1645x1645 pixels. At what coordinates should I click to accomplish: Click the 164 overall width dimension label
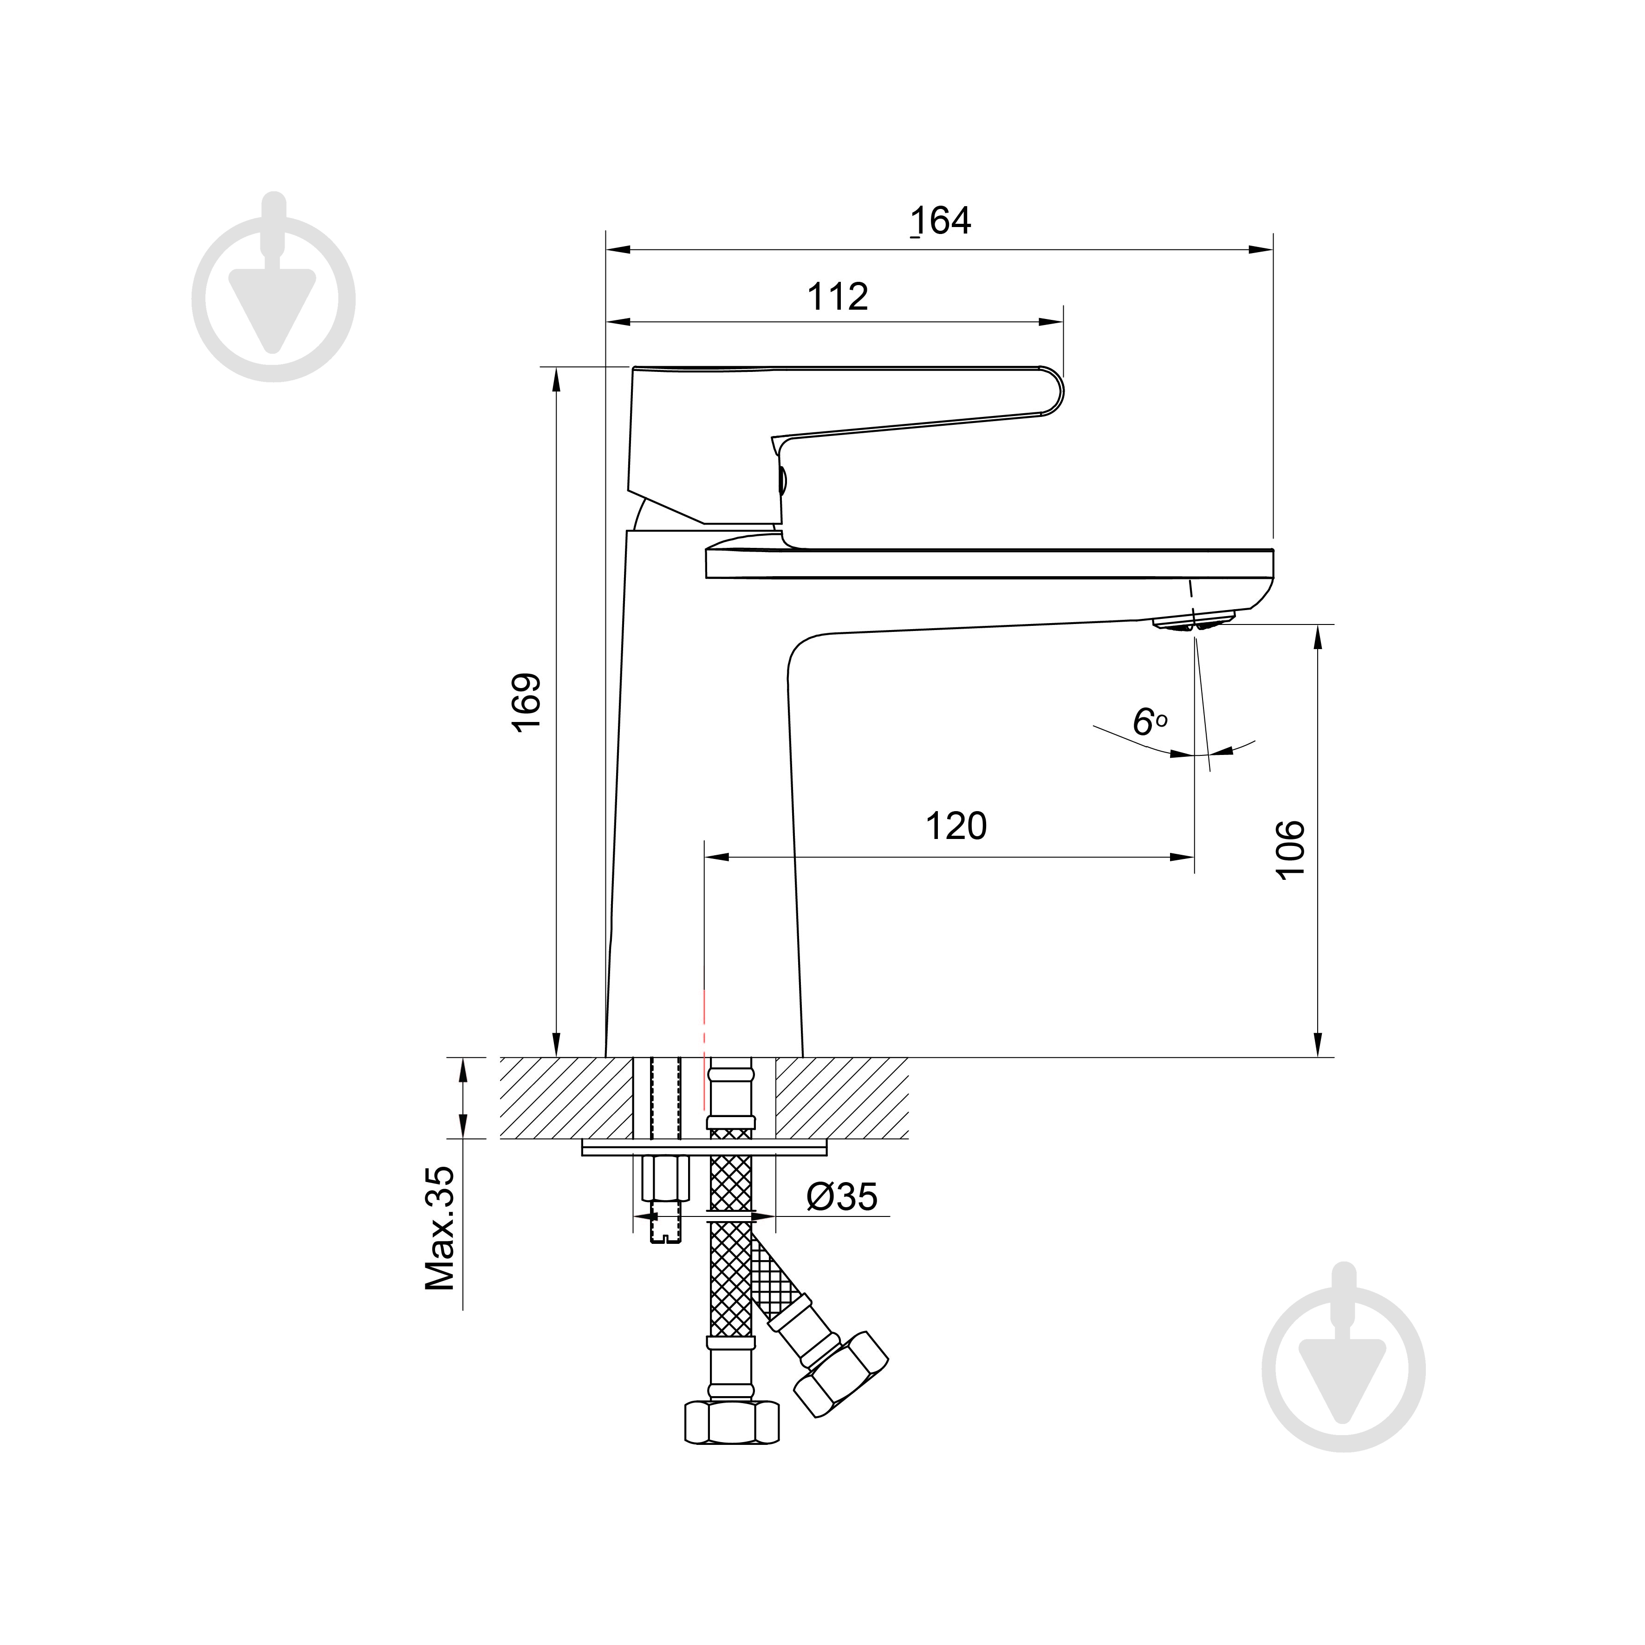(x=941, y=221)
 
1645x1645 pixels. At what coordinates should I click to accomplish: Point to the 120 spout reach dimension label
(x=956, y=826)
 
